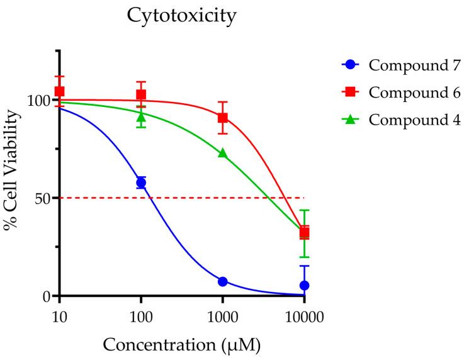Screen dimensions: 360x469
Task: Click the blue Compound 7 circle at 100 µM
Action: (141, 183)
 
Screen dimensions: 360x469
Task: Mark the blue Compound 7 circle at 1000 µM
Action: (222, 281)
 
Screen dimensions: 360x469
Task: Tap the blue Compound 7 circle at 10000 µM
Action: (304, 285)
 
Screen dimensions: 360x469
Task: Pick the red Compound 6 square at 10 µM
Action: (60, 91)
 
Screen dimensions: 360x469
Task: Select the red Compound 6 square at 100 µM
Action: (141, 95)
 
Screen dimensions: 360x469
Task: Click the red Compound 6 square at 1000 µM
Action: (222, 118)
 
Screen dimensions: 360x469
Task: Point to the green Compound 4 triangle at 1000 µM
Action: (222, 153)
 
